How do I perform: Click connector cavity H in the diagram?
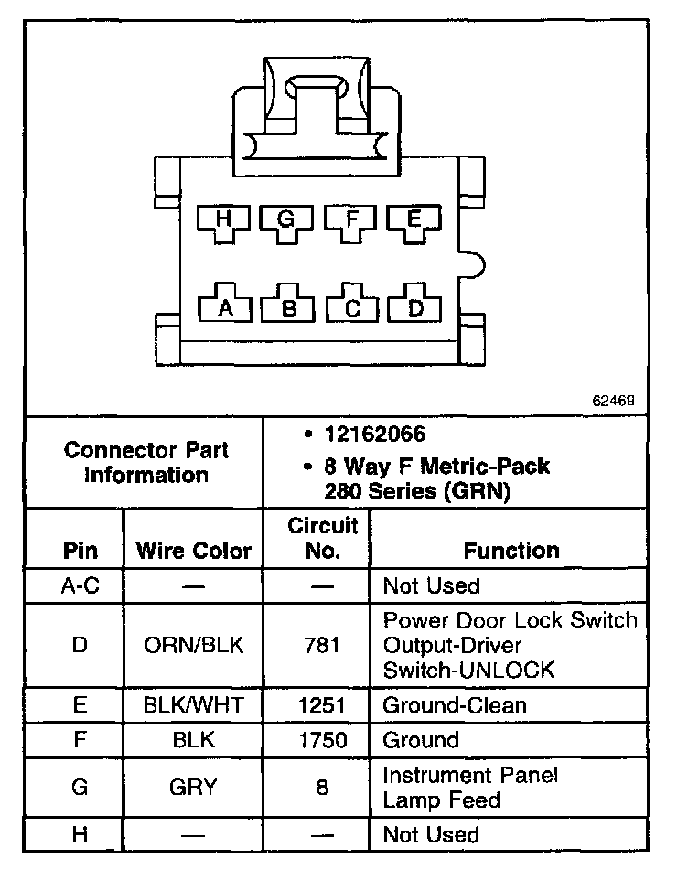tap(223, 220)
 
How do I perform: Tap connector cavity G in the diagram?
tap(286, 220)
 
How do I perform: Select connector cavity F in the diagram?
tap(350, 220)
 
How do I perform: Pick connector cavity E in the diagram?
tap(414, 220)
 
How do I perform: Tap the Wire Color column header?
tap(193, 551)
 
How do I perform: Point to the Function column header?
tap(511, 551)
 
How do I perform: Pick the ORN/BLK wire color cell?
tap(193, 645)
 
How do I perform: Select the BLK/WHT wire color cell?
tap(193, 705)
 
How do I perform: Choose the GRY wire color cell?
tap(193, 788)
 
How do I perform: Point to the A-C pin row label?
tap(80, 585)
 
